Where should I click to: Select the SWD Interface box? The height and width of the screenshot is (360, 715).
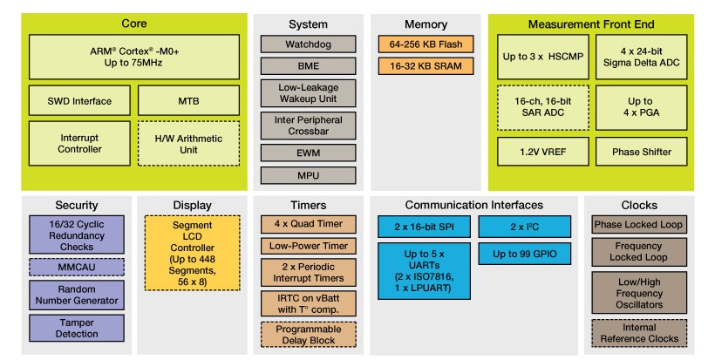click(79, 101)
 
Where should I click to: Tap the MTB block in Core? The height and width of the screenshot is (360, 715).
click(182, 101)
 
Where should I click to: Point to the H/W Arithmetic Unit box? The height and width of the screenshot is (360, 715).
click(182, 143)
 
